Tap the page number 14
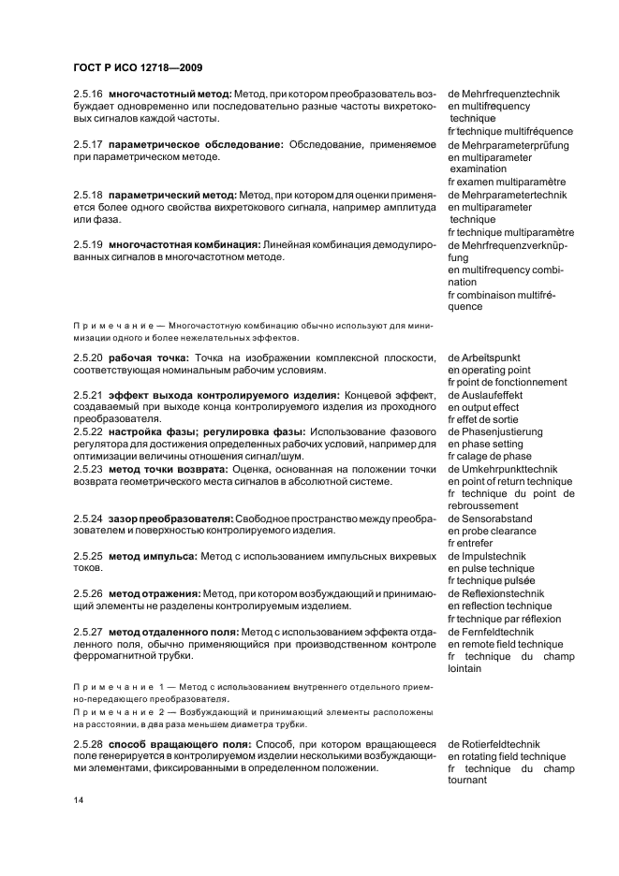(79, 800)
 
